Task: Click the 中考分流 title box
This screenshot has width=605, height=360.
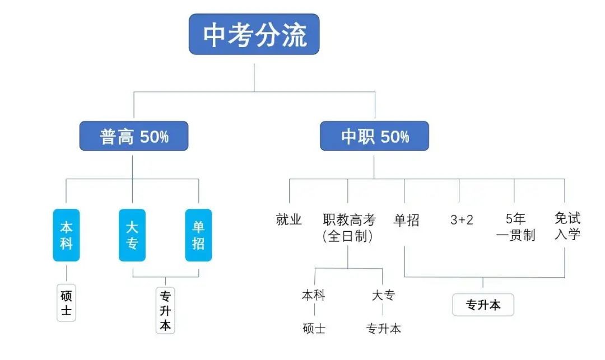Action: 254,35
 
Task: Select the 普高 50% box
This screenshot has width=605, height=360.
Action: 133,136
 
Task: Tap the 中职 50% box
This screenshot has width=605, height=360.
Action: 374,136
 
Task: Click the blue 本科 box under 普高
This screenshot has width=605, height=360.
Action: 66,235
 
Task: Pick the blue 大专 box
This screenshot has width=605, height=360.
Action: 132,235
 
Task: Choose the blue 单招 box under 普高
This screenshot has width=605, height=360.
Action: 198,235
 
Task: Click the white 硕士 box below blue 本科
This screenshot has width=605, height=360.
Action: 66,303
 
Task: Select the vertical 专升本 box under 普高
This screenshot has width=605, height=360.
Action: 165,311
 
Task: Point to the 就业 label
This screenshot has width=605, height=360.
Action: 289,220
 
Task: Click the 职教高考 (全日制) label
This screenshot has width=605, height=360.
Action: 348,228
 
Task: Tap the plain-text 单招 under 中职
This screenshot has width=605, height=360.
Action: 406,220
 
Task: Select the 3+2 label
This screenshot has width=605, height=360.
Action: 461,220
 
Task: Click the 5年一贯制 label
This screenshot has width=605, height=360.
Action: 515,227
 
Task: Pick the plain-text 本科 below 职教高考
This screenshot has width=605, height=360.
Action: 313,295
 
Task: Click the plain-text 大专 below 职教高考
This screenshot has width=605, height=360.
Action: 383,295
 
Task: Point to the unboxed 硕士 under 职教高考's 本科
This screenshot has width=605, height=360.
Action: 313,329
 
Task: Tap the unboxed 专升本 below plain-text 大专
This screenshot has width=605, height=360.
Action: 384,329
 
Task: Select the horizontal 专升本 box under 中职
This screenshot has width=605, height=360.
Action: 483,305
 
